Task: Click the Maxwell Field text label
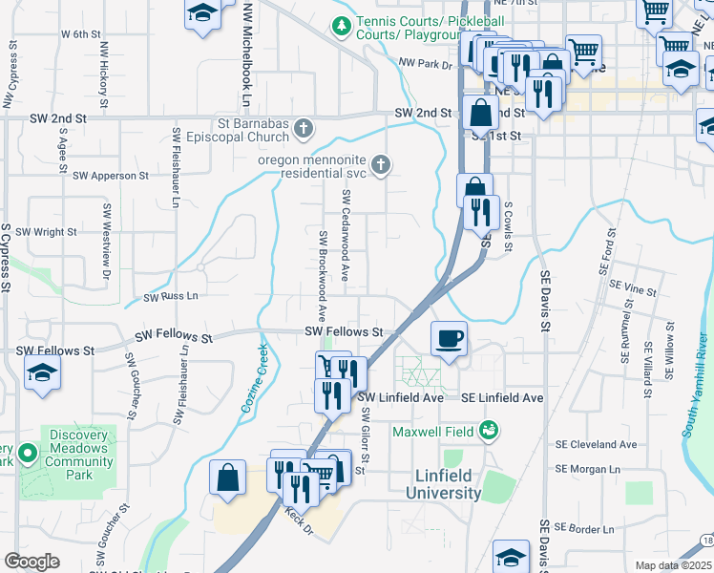(x=434, y=431)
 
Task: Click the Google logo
(x=31, y=562)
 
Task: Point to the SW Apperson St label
(x=111, y=176)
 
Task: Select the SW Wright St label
(x=46, y=231)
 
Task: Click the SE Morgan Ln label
(x=587, y=469)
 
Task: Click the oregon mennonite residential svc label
(x=313, y=166)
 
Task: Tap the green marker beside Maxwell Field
(x=489, y=431)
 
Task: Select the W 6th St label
(x=80, y=33)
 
